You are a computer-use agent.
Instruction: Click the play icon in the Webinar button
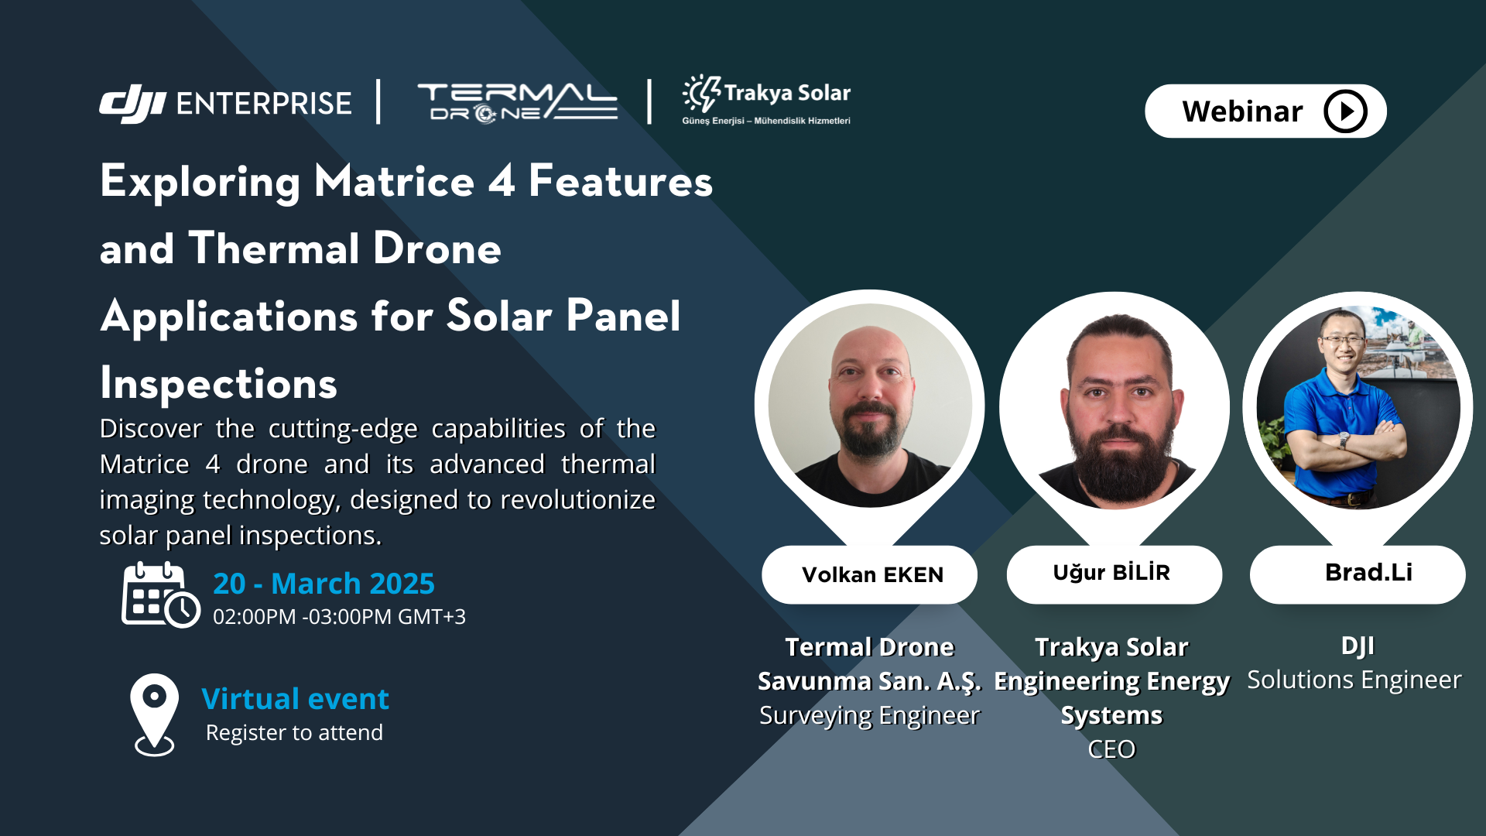click(x=1345, y=111)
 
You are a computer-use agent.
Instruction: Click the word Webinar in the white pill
click(x=1241, y=111)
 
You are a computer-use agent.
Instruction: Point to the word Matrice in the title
click(x=394, y=182)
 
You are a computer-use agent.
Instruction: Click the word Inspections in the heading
click(x=219, y=384)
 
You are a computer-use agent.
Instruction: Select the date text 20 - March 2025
click(x=324, y=584)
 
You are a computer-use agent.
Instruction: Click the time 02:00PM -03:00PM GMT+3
click(x=339, y=617)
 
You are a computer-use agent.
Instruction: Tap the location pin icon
click(x=154, y=713)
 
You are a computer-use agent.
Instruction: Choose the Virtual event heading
click(x=295, y=699)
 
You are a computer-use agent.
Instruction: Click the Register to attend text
click(x=294, y=733)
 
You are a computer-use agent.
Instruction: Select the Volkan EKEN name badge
click(x=871, y=575)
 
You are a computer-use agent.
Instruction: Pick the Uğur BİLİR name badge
click(x=1112, y=574)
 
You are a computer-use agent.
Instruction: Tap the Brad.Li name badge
click(x=1368, y=573)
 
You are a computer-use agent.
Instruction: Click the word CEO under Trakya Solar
click(x=1111, y=749)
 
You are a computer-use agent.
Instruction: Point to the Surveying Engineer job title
click(x=869, y=716)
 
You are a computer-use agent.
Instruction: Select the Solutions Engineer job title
click(x=1354, y=680)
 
